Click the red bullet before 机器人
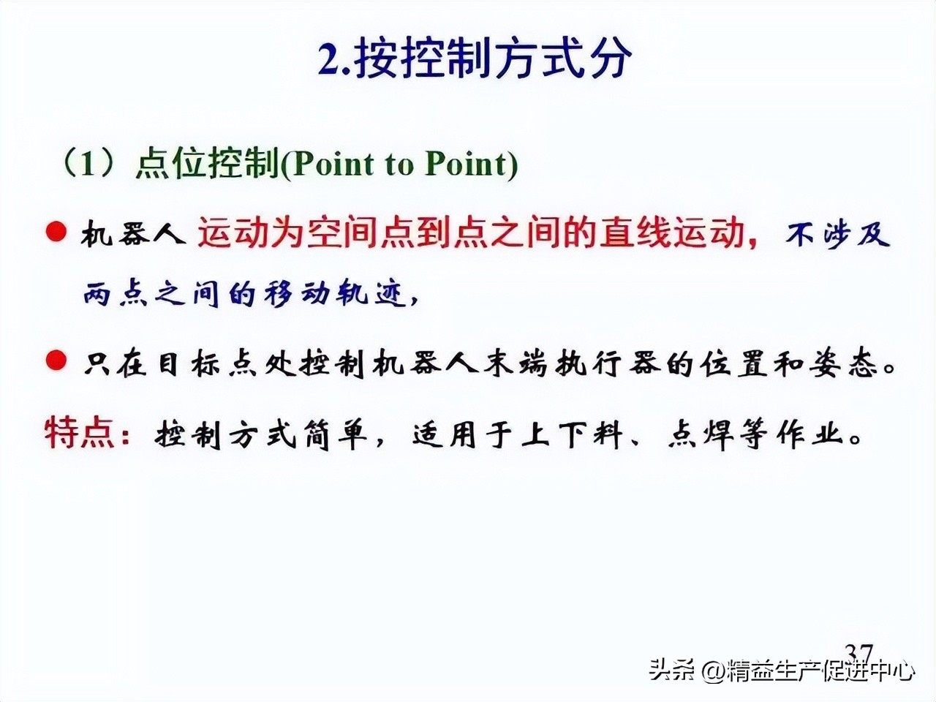[56, 233]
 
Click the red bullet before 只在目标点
[56, 361]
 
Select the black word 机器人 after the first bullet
[132, 235]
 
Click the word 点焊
[702, 436]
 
